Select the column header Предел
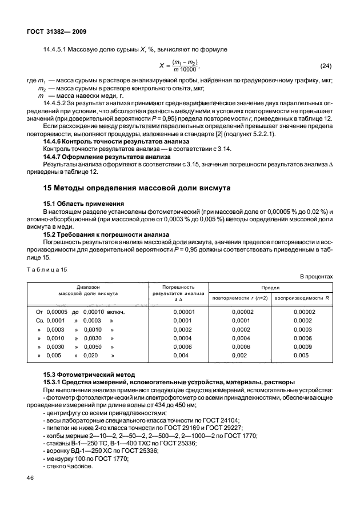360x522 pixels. click(x=270, y=288)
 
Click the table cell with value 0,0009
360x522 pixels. click(x=302, y=346)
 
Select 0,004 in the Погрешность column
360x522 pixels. click(x=181, y=355)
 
